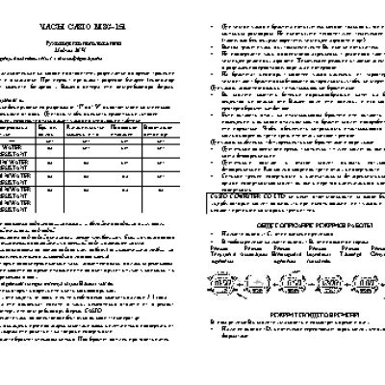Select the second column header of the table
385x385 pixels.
54,128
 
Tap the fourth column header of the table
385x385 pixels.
122,128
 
